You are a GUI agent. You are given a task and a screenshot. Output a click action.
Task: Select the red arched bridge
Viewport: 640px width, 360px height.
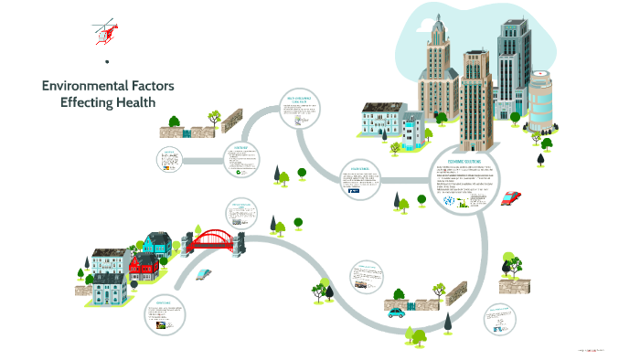tap(212, 240)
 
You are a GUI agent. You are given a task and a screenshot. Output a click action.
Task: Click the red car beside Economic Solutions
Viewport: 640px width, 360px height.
tap(512, 196)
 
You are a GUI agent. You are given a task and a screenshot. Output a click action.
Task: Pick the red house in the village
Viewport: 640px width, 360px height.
tap(143, 267)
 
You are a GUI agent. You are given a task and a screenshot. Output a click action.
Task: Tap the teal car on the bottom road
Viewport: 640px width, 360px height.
tap(396, 312)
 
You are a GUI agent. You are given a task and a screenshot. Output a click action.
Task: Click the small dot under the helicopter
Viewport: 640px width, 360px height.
tap(107, 62)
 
